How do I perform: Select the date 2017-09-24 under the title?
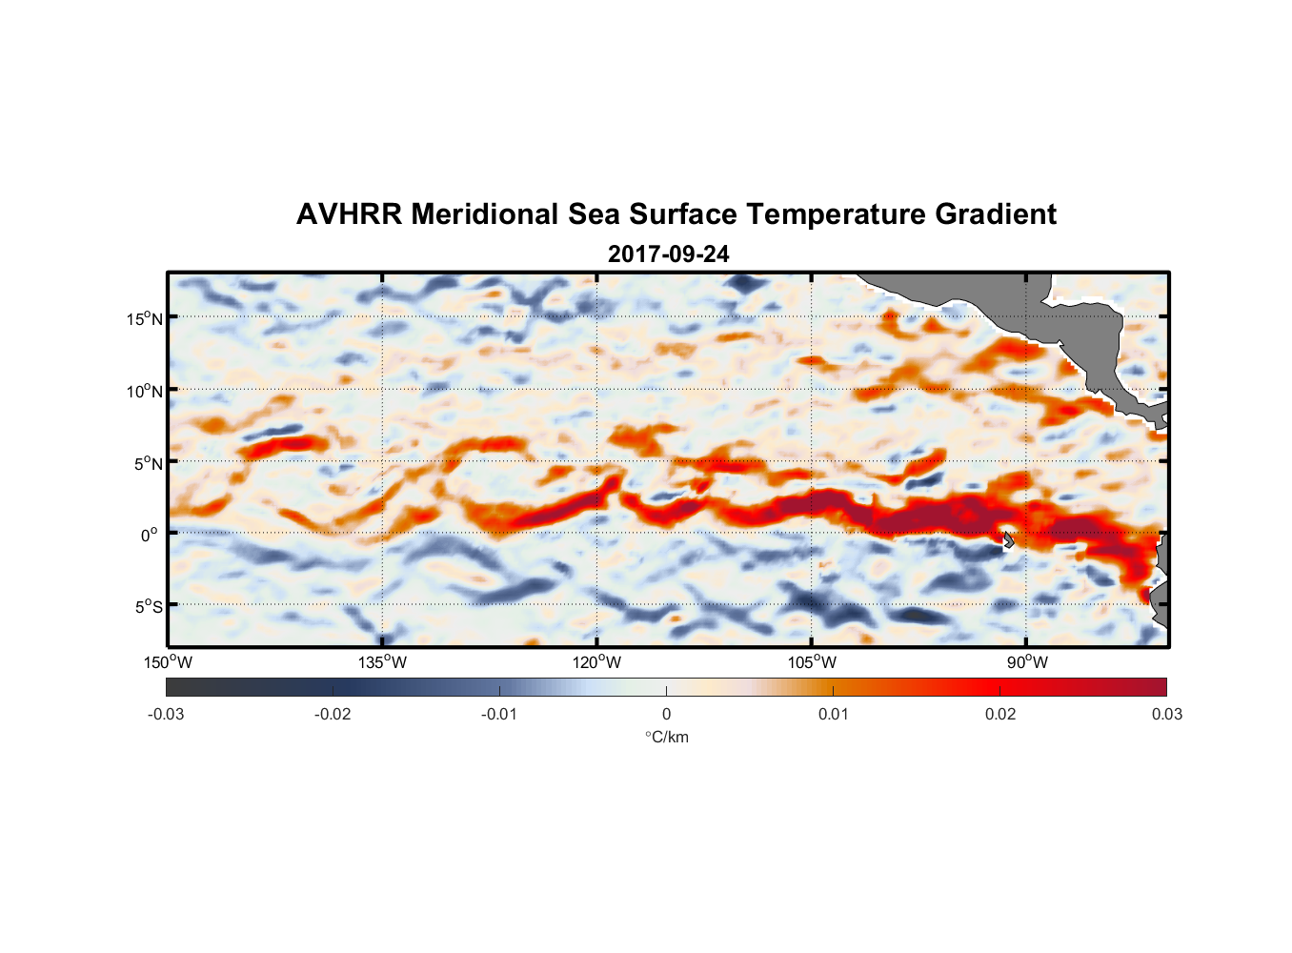click(x=668, y=254)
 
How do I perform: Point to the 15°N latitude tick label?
click(x=145, y=318)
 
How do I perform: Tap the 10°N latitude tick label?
click(x=145, y=391)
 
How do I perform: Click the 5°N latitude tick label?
click(x=149, y=463)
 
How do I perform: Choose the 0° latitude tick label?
click(x=150, y=536)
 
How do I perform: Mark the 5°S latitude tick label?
click(x=149, y=607)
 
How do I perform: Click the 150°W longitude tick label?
click(x=168, y=662)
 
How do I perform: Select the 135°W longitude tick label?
click(x=382, y=662)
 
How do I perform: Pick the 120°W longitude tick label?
click(x=597, y=662)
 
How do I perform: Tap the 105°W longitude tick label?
click(x=812, y=662)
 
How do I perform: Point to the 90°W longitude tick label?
click(x=1027, y=662)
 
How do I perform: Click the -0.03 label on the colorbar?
click(x=166, y=714)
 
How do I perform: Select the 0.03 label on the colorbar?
click(x=1166, y=714)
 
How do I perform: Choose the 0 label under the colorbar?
click(x=666, y=714)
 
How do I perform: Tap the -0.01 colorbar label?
click(x=499, y=714)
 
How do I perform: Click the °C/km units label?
click(x=667, y=737)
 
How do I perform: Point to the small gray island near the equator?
click(x=1007, y=539)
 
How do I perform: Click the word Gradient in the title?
click(x=996, y=214)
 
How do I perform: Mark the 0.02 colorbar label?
click(x=999, y=714)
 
